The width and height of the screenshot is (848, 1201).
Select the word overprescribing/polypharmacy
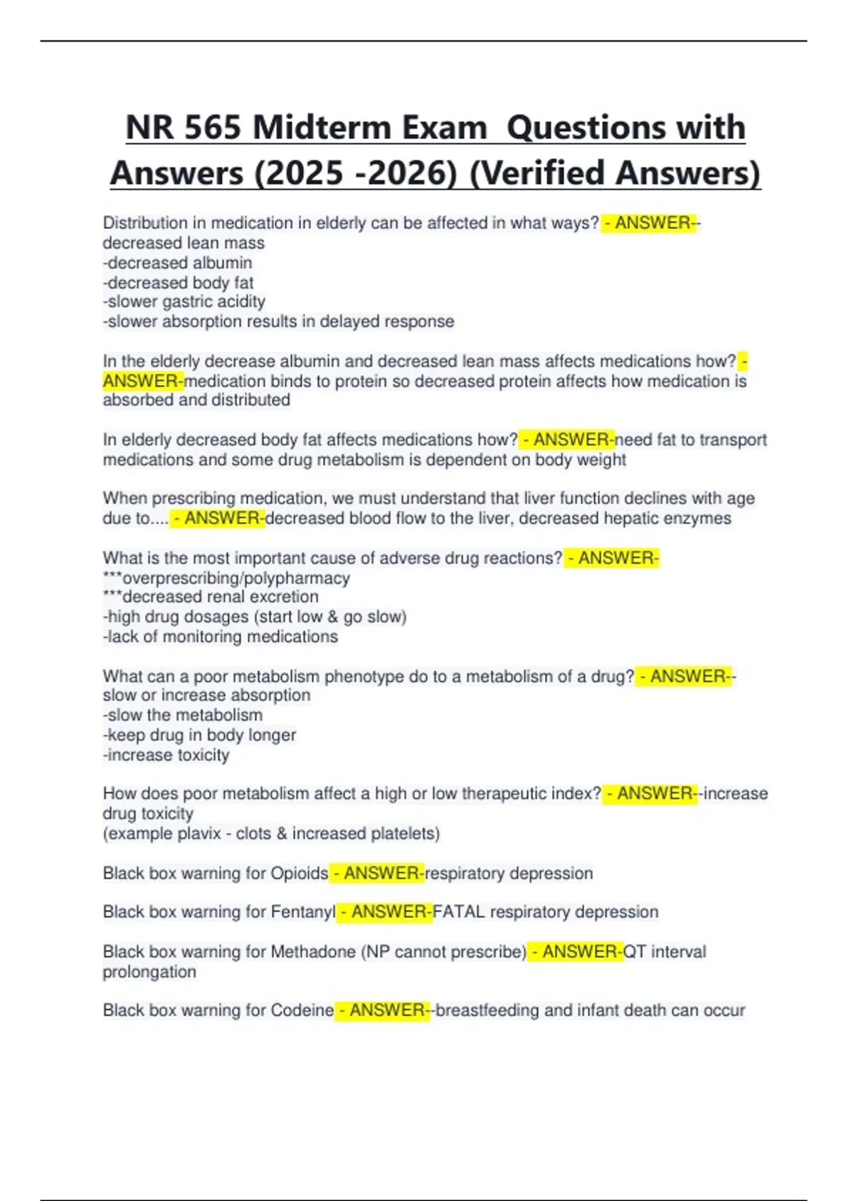coord(236,578)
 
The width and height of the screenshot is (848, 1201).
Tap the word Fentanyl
coord(303,912)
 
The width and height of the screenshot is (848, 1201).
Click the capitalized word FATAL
coord(459,912)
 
